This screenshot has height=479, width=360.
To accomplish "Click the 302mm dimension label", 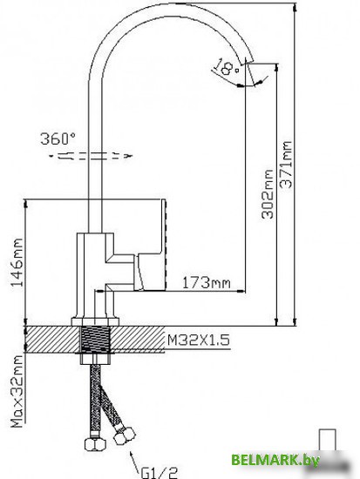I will coord(268,196).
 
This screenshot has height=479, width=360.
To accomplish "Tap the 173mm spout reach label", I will coord(206,281).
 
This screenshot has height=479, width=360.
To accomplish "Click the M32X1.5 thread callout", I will coord(198,341).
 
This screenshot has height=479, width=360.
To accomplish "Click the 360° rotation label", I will coord(58,138).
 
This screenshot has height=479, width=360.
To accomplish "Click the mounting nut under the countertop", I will coord(95,357).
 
